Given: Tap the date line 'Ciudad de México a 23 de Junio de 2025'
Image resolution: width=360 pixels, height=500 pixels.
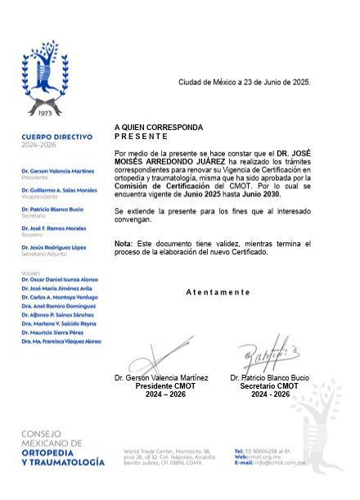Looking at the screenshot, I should tap(245, 83).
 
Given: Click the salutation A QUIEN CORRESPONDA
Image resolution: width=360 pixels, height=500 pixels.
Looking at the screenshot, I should tap(159, 128).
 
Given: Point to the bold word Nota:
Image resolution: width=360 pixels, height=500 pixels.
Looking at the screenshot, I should tap(123, 244).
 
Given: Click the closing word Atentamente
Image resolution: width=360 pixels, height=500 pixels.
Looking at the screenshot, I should tap(218, 292).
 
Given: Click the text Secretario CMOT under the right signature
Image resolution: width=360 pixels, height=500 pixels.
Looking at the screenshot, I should tap(270, 385).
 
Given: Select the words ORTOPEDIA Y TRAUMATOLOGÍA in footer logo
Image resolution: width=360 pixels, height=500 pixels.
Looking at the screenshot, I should tap(64, 458).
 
